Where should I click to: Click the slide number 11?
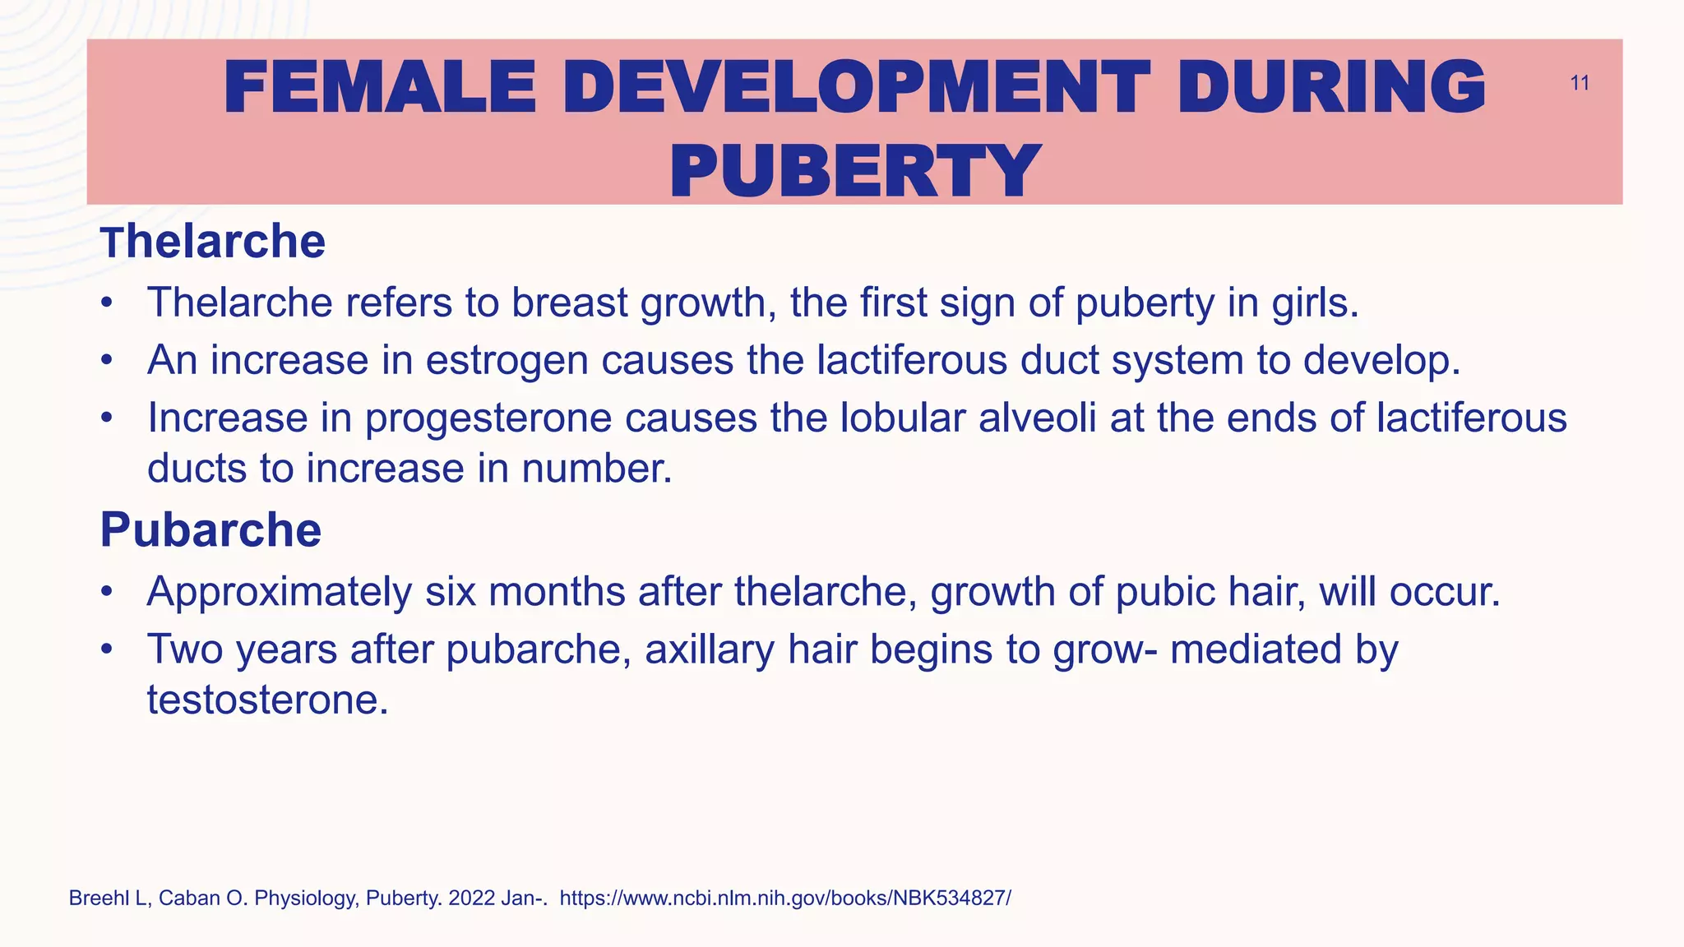coord(1579,83)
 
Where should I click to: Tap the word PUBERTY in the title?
coord(855,171)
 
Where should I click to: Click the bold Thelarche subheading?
coord(213,242)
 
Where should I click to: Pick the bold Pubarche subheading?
coord(210,529)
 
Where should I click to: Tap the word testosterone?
coord(267,700)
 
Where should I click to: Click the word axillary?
coord(710,649)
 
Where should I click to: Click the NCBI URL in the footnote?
coord(785,898)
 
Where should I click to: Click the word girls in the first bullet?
coord(1315,303)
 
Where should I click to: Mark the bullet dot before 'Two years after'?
coord(105,649)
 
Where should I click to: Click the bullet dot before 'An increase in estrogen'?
coord(105,360)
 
